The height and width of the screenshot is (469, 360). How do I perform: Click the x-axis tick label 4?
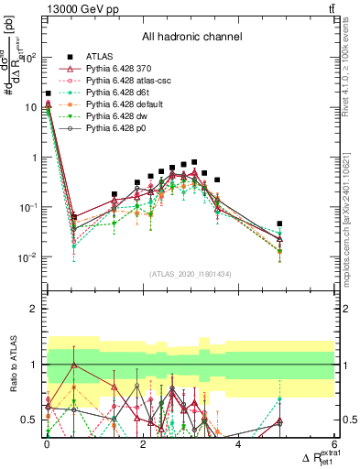[238, 444]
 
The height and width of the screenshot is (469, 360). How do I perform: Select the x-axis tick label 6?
[333, 444]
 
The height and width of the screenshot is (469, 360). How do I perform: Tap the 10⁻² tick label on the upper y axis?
[27, 257]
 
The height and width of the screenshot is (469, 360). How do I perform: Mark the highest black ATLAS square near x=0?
[48, 93]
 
